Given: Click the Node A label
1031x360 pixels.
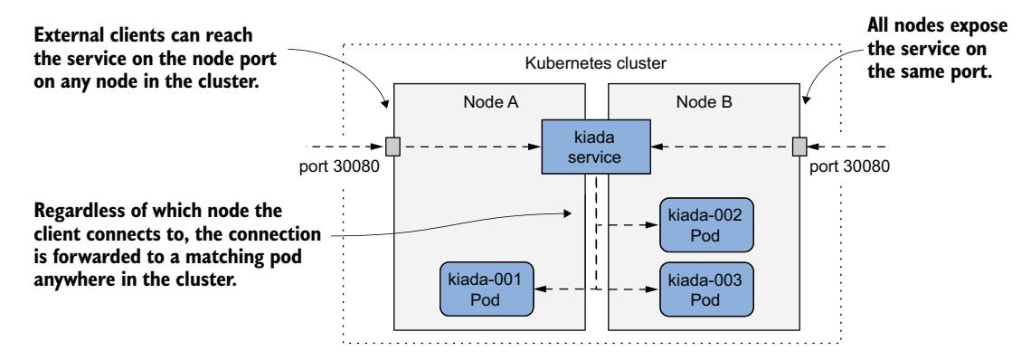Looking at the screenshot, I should click(479, 103).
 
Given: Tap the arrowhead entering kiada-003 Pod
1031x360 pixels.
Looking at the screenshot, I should click(653, 289).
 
